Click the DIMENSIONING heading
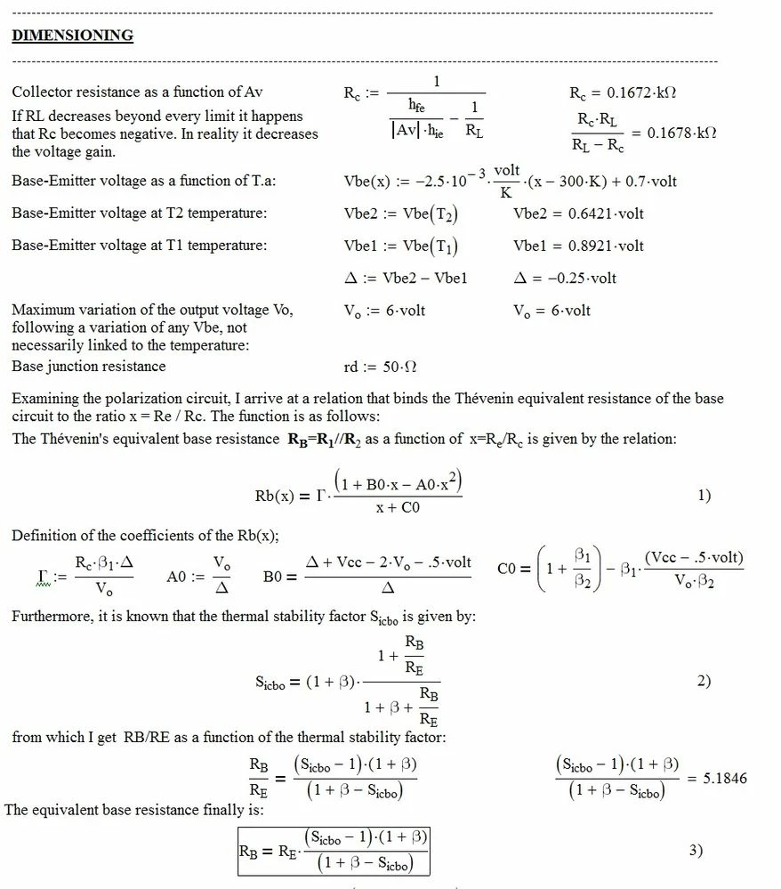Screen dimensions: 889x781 [x=72, y=36]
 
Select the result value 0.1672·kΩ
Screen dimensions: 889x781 [x=645, y=93]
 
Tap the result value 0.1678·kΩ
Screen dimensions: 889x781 [x=681, y=133]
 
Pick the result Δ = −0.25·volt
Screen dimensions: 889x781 [x=565, y=278]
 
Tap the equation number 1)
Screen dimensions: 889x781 [x=704, y=496]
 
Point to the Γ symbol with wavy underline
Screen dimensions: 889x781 [x=35, y=577]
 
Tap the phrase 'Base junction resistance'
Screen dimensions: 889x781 [x=89, y=367]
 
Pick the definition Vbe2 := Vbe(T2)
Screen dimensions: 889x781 [x=401, y=214]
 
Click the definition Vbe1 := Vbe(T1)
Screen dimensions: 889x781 [x=401, y=246]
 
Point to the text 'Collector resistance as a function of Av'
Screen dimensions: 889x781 [x=137, y=93]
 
